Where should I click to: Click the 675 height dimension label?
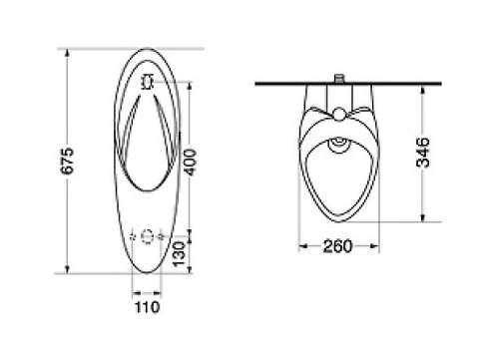(x=68, y=161)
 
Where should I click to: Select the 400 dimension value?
(x=191, y=163)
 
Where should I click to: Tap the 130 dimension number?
(x=179, y=254)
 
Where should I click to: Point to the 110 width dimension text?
(x=147, y=307)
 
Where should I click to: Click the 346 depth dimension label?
(x=423, y=153)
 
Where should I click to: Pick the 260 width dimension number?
(x=337, y=246)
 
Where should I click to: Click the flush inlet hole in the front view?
(x=147, y=82)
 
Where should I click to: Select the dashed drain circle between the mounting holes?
(x=147, y=236)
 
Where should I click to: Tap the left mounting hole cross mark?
(x=133, y=236)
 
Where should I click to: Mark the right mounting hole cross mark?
(x=161, y=236)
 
